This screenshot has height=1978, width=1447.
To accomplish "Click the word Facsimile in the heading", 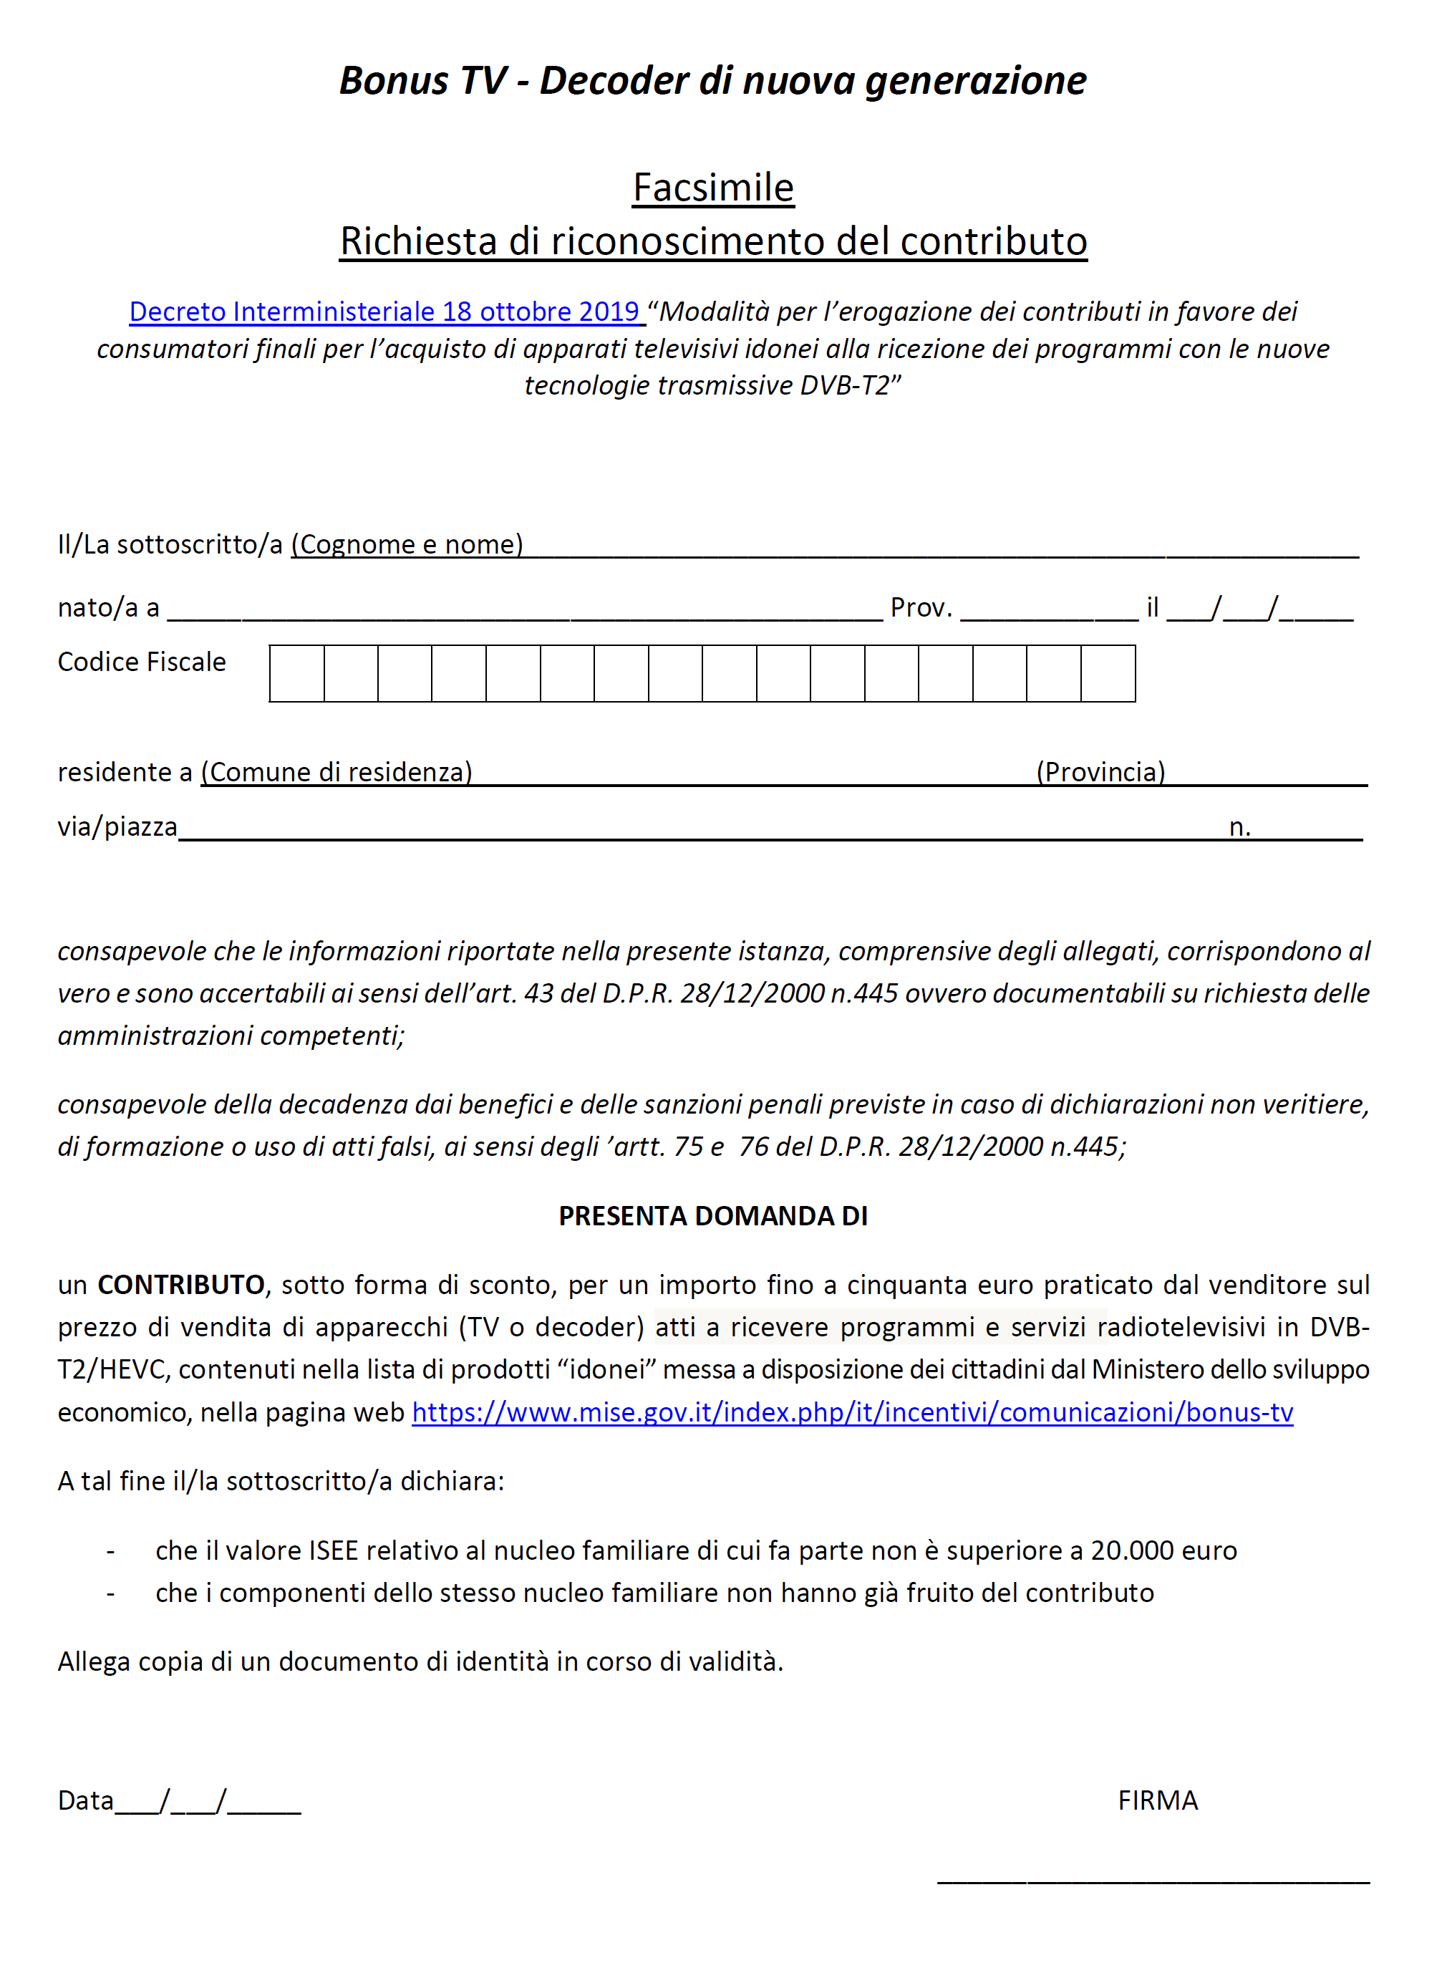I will click(713, 188).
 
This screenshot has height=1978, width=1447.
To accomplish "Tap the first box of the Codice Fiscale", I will click(297, 674).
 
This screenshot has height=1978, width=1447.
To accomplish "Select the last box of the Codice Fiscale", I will click(1108, 674).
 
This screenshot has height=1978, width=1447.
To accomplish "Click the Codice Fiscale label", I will click(142, 662).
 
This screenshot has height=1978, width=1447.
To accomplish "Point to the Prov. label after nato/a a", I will click(921, 608).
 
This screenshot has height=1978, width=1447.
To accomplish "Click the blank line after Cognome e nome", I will click(942, 549).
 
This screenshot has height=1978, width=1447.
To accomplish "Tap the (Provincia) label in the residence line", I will click(1101, 772).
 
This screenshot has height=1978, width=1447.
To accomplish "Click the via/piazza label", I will click(117, 827).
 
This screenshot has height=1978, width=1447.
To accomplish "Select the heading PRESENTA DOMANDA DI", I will click(713, 1216).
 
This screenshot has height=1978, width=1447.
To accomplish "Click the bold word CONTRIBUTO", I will click(180, 1285).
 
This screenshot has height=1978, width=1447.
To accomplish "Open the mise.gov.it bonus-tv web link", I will click(852, 1412).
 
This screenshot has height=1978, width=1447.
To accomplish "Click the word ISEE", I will click(334, 1550).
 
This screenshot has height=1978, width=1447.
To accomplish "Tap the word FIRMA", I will click(1157, 1800).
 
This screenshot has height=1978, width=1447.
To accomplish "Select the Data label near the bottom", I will click(86, 1801).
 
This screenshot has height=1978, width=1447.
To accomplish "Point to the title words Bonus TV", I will click(422, 81).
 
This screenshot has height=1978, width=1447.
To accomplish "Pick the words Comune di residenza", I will click(337, 772).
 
